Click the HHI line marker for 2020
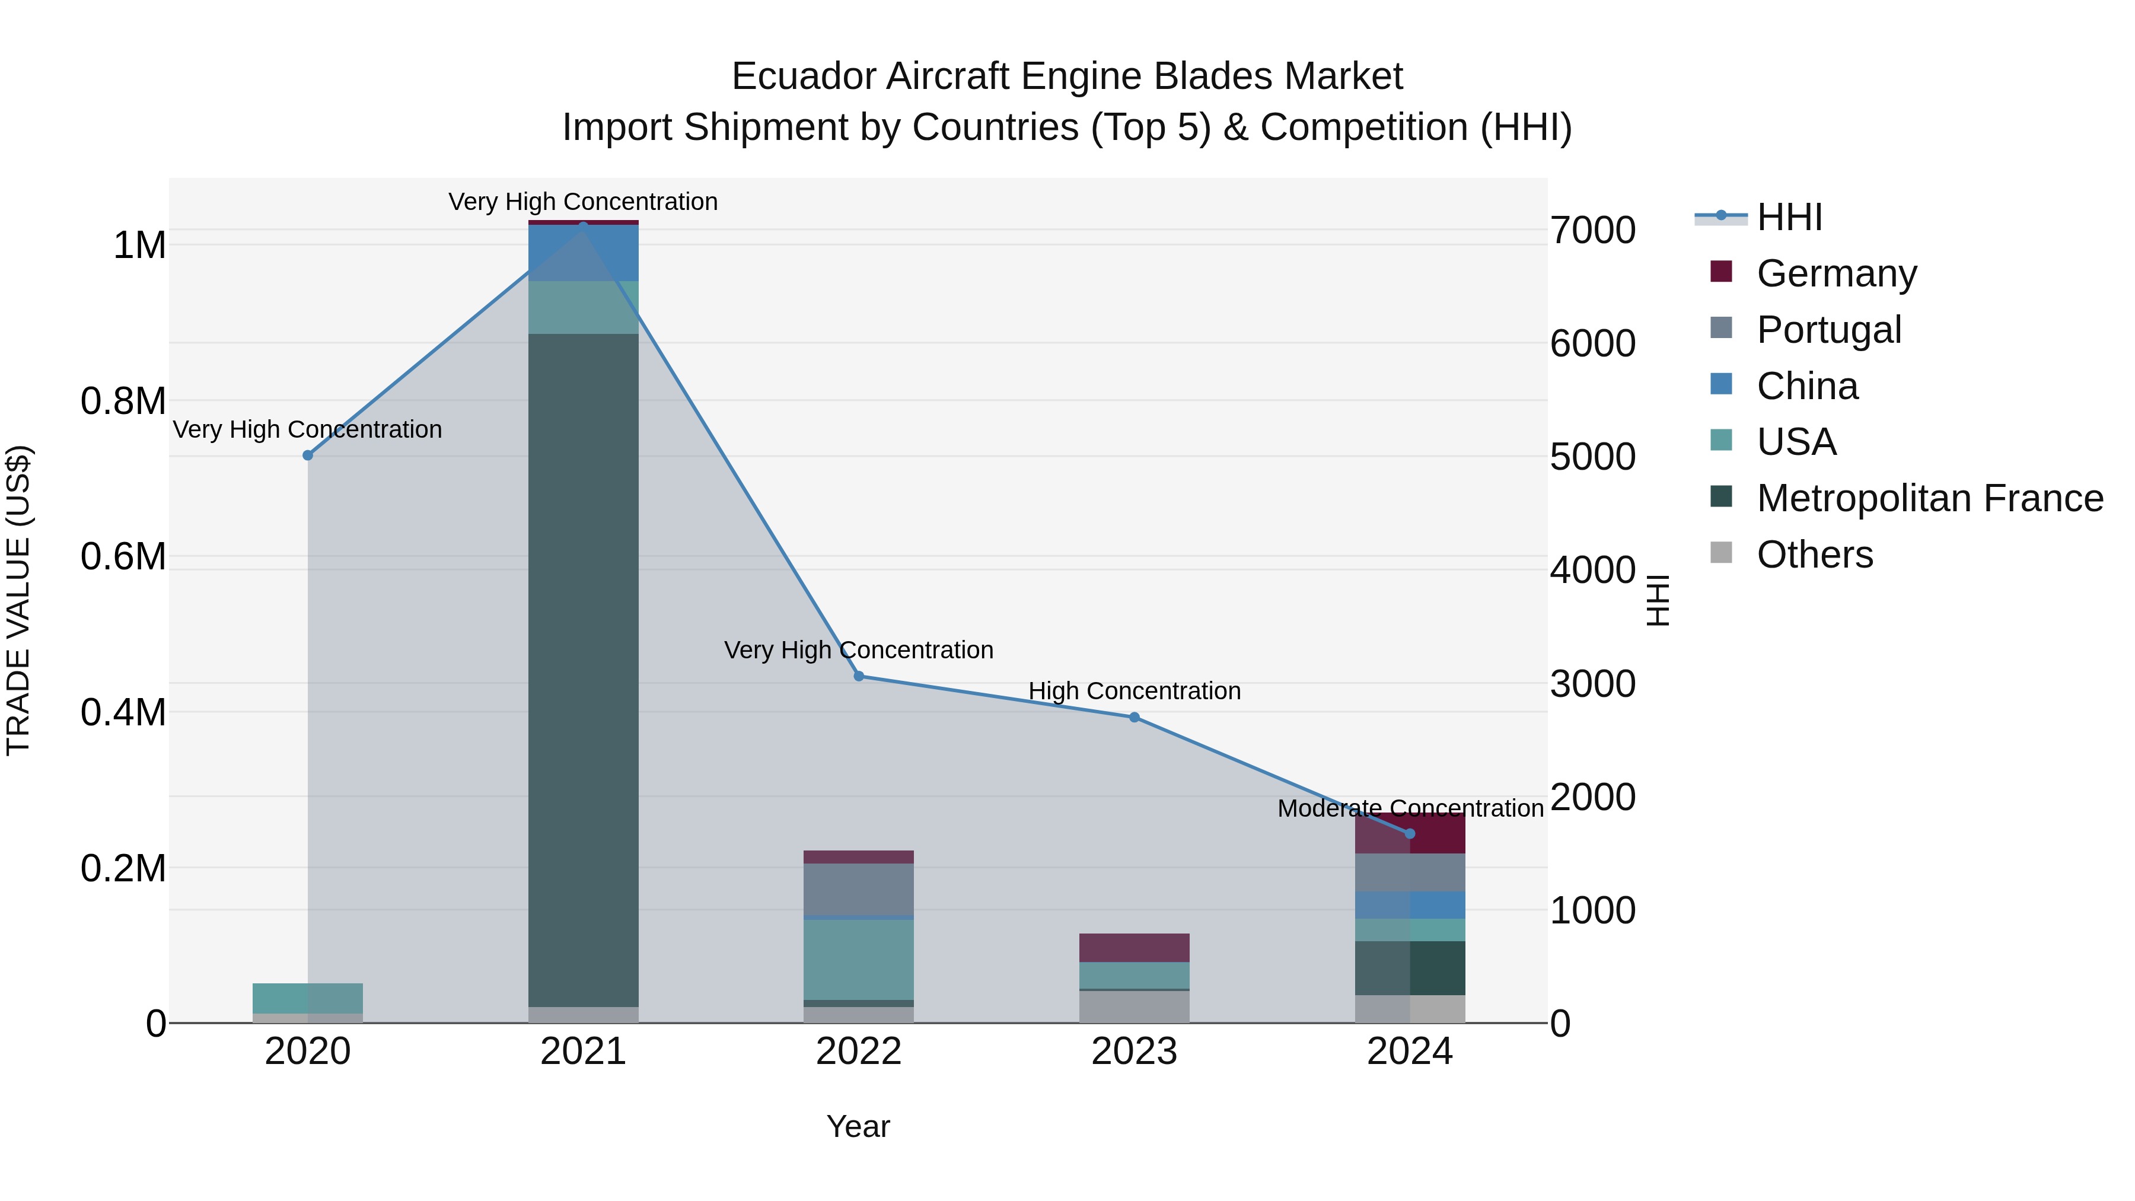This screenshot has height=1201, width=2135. tap(307, 455)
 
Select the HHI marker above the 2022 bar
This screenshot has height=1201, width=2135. tap(859, 676)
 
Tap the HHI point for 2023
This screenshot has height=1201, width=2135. tap(1135, 718)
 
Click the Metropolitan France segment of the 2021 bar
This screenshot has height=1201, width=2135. tap(584, 670)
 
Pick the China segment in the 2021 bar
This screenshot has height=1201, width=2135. tap(584, 253)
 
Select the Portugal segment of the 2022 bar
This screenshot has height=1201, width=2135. tap(859, 890)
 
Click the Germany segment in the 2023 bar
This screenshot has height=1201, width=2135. tap(1135, 947)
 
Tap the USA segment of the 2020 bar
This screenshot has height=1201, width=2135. tap(307, 998)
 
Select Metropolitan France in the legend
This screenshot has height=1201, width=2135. tap(1929, 498)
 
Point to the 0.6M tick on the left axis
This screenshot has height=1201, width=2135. tap(123, 557)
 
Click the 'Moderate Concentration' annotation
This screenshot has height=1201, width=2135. tap(1410, 808)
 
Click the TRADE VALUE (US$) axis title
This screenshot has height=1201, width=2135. tap(18, 600)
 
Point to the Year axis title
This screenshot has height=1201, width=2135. tap(858, 1126)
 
